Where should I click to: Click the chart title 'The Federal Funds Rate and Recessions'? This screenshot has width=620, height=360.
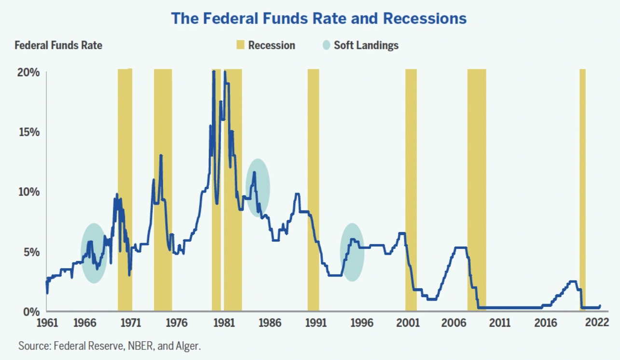pos(319,19)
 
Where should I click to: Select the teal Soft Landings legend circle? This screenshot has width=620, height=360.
pos(327,45)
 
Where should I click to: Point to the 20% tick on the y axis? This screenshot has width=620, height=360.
pos(28,73)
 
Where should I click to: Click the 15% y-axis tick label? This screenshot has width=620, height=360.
pos(28,133)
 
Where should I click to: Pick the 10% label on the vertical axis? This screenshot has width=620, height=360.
pos(28,192)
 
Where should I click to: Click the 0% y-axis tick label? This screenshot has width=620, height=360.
pos(31,311)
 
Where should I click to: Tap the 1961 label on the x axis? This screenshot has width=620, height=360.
pos(46,323)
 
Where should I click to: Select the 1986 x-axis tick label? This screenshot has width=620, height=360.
pos(268,323)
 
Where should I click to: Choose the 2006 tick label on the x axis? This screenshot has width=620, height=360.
pos(453,323)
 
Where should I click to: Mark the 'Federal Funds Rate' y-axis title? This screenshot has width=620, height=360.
pos(58,45)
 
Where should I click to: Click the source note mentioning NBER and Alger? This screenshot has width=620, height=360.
pos(110,346)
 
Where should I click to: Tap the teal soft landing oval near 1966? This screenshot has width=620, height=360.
pos(94,253)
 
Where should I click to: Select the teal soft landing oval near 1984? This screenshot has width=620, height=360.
pos(258,187)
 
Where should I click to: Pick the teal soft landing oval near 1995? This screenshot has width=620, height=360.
pos(352,252)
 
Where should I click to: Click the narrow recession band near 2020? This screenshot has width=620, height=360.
pos(582,193)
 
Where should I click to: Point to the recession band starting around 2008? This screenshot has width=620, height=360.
pos(476,193)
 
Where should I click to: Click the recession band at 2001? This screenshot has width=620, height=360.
pos(411,193)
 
